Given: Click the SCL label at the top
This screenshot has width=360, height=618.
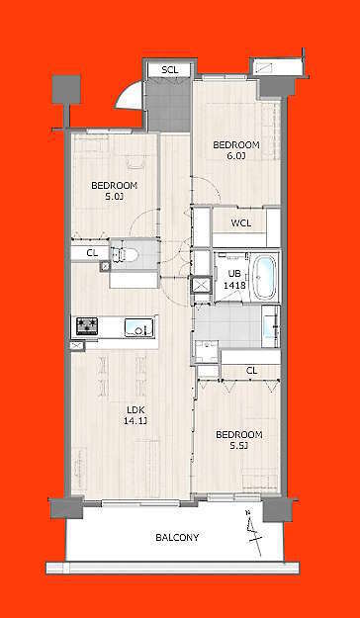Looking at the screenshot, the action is pyautogui.click(x=170, y=70).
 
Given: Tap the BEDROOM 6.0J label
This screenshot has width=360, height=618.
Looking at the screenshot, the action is pyautogui.click(x=236, y=150).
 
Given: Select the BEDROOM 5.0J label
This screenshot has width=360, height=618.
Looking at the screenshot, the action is pyautogui.click(x=115, y=191).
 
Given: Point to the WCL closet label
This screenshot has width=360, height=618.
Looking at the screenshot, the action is pyautogui.click(x=241, y=223).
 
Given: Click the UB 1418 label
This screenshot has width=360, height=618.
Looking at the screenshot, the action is pyautogui.click(x=231, y=278).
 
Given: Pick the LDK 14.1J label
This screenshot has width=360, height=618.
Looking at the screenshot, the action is pyautogui.click(x=135, y=416).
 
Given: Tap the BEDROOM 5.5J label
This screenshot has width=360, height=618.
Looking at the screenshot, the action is pyautogui.click(x=239, y=440).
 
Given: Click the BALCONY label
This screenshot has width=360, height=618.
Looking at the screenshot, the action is pyautogui.click(x=177, y=537).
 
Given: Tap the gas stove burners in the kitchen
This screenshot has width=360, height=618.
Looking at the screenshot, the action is pyautogui.click(x=87, y=326).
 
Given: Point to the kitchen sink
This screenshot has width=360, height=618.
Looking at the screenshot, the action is pyautogui.click(x=139, y=327).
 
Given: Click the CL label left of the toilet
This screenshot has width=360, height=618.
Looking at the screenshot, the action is pyautogui.click(x=91, y=254).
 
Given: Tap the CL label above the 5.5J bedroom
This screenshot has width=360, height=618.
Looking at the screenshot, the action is pyautogui.click(x=251, y=371).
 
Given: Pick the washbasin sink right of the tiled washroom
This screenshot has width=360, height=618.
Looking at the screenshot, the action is pyautogui.click(x=271, y=326).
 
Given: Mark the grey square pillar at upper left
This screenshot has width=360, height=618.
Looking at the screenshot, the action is pyautogui.click(x=66, y=89).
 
